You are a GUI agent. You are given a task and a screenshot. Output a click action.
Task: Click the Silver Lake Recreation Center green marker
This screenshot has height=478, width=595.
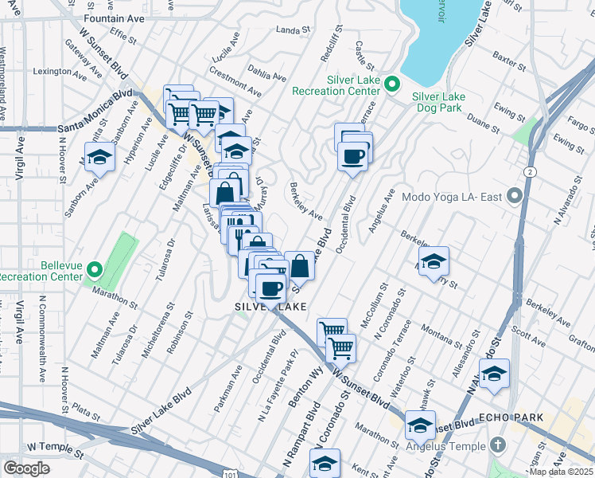click(x=391, y=83)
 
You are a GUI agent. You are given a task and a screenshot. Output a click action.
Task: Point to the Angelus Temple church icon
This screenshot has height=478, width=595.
click(x=497, y=444)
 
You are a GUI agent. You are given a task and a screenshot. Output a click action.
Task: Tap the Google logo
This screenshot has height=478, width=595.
click(x=26, y=468)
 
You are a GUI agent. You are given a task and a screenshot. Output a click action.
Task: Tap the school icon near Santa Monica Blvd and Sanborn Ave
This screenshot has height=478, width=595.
click(x=100, y=157)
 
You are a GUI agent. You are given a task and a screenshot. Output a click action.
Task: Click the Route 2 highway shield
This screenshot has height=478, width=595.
click(x=528, y=172)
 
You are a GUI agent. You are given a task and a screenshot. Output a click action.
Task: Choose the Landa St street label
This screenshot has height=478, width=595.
click(x=292, y=29)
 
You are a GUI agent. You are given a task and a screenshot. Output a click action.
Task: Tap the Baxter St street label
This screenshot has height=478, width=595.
click(x=508, y=57)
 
